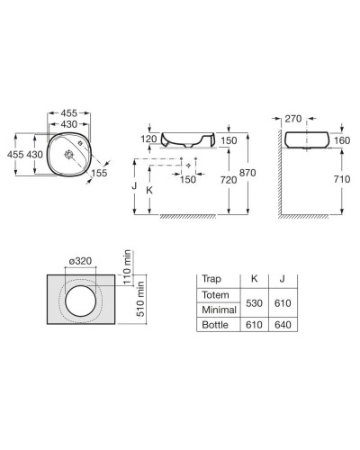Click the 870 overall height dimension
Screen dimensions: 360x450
[247, 173]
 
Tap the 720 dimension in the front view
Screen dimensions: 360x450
[229, 180]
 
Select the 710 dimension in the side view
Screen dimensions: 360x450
[342, 179]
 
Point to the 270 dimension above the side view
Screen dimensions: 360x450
[293, 119]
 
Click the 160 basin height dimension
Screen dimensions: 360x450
[342, 140]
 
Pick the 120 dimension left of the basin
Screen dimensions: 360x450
[148, 139]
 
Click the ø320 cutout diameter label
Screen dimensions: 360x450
[80, 261]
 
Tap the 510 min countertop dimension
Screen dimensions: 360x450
[140, 299]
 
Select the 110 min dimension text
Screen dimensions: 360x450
[127, 267]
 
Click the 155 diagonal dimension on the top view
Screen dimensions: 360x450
[99, 173]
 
